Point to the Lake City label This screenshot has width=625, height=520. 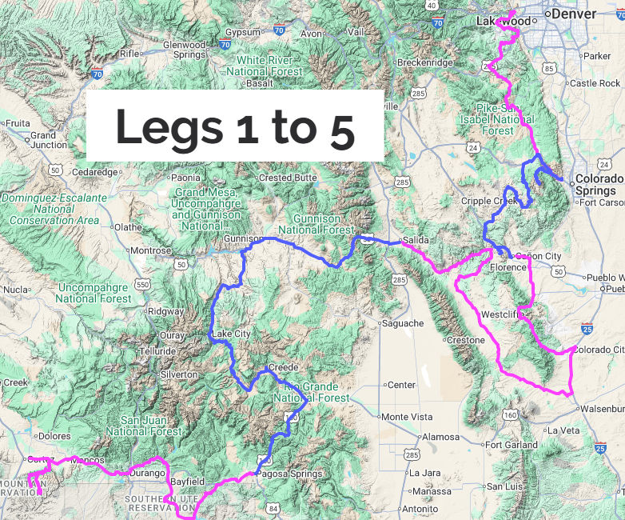pyautogui.click(x=231, y=334)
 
